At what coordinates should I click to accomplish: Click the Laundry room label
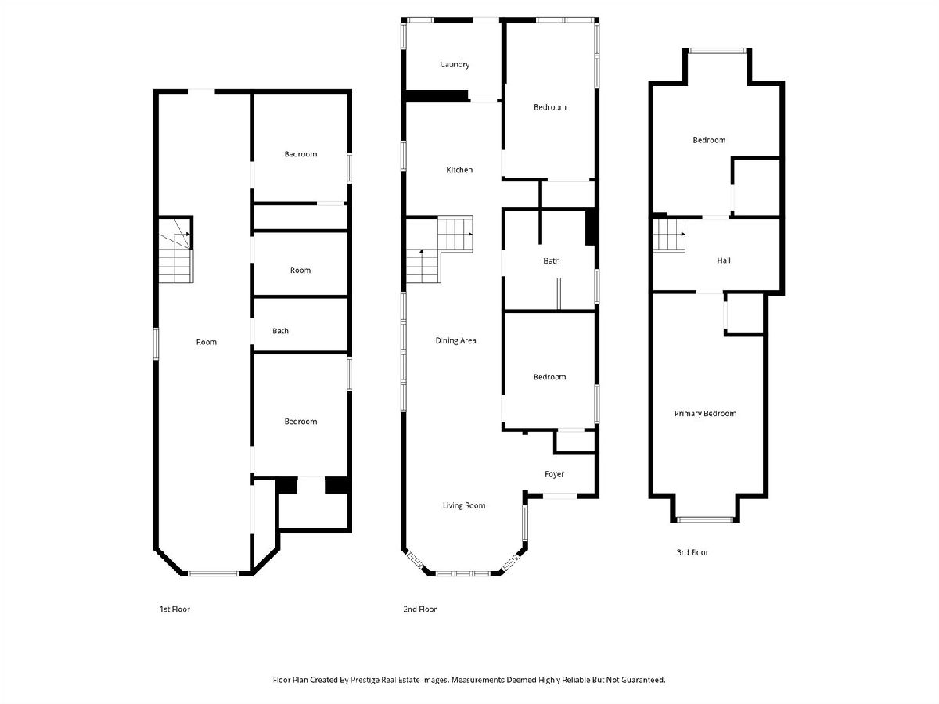(455, 65)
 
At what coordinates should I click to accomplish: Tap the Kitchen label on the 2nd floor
(459, 170)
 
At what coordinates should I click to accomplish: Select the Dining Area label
(455, 341)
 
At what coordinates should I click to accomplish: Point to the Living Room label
(464, 505)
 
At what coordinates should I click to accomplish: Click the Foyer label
(554, 474)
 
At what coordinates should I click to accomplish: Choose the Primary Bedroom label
(704, 413)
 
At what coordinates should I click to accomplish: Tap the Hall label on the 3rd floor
(723, 260)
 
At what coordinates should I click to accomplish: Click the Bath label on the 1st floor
(280, 331)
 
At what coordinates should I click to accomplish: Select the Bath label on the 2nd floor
(551, 260)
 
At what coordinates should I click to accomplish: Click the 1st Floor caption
(174, 609)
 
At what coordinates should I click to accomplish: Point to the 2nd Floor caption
(419, 609)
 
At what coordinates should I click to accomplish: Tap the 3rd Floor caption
(692, 552)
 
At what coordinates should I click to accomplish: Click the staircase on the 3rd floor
(669, 235)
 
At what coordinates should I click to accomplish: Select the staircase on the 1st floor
(176, 251)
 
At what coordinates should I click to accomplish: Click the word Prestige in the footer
(365, 680)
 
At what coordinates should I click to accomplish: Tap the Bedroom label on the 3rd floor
(709, 140)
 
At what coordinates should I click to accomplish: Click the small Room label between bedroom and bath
(300, 270)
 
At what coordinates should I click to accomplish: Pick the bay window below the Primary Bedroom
(704, 519)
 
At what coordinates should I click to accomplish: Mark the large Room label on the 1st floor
(207, 342)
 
